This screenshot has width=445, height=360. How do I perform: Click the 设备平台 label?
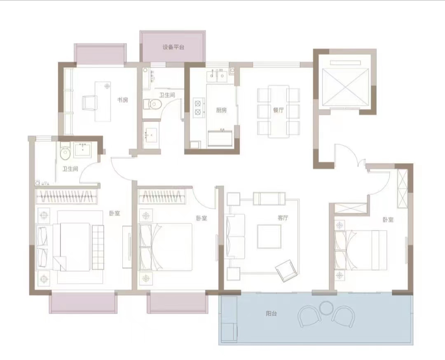(x=173, y=47)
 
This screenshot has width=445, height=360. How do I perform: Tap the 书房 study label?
(x=123, y=100)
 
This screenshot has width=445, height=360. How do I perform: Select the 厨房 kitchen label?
(x=221, y=110)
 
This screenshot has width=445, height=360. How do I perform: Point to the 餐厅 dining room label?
(x=279, y=110)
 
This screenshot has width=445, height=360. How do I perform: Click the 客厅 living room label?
(x=283, y=218)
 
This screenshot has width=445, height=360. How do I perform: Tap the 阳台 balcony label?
(x=271, y=314)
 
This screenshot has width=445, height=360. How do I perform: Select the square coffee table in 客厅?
(x=269, y=236)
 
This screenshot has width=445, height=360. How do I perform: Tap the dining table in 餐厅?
(x=279, y=111)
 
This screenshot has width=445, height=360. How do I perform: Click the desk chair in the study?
(x=89, y=103)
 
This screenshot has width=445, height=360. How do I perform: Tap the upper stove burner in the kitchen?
(x=198, y=103)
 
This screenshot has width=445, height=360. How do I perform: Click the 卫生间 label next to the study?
(x=167, y=95)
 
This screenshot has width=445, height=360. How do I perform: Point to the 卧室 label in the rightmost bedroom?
(x=388, y=220)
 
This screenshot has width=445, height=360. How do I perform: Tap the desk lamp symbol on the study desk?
(x=107, y=85)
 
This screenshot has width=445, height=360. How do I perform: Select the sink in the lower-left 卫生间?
(x=82, y=150)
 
